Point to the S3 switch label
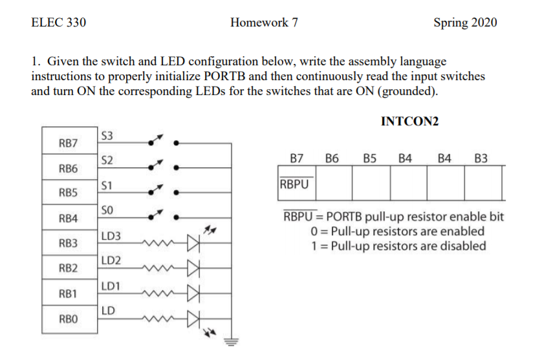coord(107,136)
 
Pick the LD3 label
coord(110,237)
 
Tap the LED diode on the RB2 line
coord(194,268)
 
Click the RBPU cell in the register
coord(295,183)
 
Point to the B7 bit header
coord(297,157)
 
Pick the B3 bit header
coord(481,157)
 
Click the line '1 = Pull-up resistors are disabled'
coord(398,246)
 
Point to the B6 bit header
coord(332,157)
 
